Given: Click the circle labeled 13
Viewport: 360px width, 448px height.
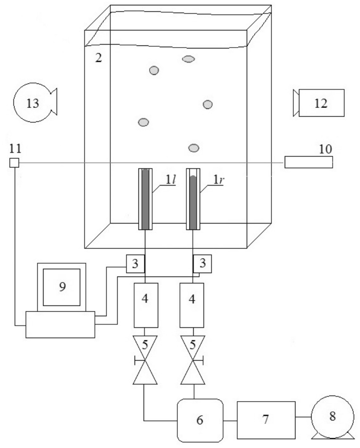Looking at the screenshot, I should (x=32, y=103).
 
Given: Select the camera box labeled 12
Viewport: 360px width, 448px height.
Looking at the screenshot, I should (x=321, y=103).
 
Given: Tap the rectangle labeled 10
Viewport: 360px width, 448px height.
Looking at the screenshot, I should (x=308, y=162).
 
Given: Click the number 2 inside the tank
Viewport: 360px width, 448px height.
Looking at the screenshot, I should (x=98, y=57).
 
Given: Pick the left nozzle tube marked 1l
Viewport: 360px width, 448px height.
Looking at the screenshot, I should (x=146, y=199).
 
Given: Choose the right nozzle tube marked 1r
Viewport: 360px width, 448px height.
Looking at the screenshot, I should (x=194, y=199).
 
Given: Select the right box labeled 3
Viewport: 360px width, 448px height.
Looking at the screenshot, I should (x=202, y=263).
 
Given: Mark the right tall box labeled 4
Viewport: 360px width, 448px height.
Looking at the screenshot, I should (x=192, y=304).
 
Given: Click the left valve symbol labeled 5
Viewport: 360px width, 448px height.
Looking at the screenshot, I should (x=145, y=363).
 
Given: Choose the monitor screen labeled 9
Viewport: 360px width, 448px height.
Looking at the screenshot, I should (x=61, y=287).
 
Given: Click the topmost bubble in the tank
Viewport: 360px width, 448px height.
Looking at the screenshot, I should (x=189, y=59).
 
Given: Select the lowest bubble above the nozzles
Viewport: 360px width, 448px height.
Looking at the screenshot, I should (x=194, y=147).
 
